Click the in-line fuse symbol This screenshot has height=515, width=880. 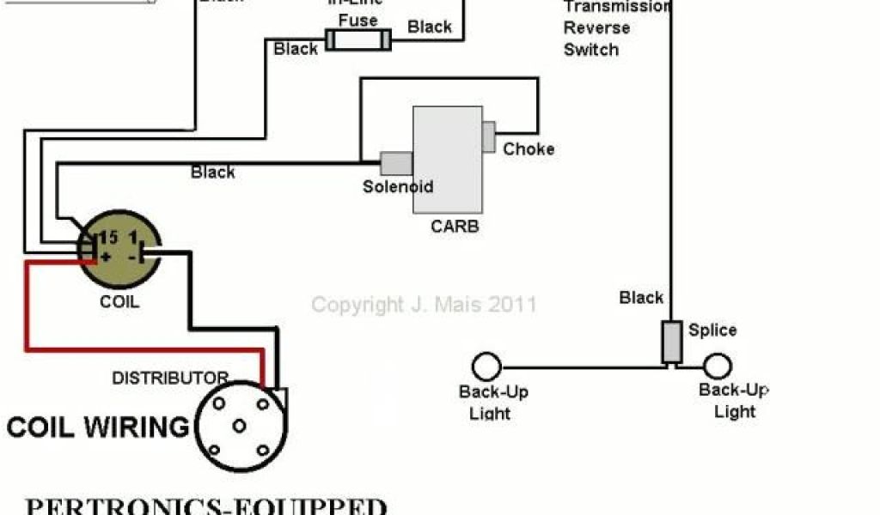(x=358, y=39)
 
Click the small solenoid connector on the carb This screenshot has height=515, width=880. (x=396, y=162)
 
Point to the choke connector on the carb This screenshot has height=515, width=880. (x=489, y=136)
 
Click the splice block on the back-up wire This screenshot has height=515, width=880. (x=671, y=342)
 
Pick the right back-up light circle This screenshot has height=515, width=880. (x=717, y=367)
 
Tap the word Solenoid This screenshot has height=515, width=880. (x=398, y=186)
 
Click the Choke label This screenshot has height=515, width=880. (x=529, y=149)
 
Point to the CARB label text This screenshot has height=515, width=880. (x=455, y=227)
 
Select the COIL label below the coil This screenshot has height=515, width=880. (x=119, y=302)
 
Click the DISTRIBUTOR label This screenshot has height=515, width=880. (x=170, y=378)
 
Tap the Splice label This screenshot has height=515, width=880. (x=712, y=330)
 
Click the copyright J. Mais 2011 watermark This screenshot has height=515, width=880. (x=424, y=305)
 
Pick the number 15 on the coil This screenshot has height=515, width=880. (x=107, y=235)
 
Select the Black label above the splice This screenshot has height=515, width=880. (x=641, y=298)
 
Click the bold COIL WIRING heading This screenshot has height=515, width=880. (x=98, y=427)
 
